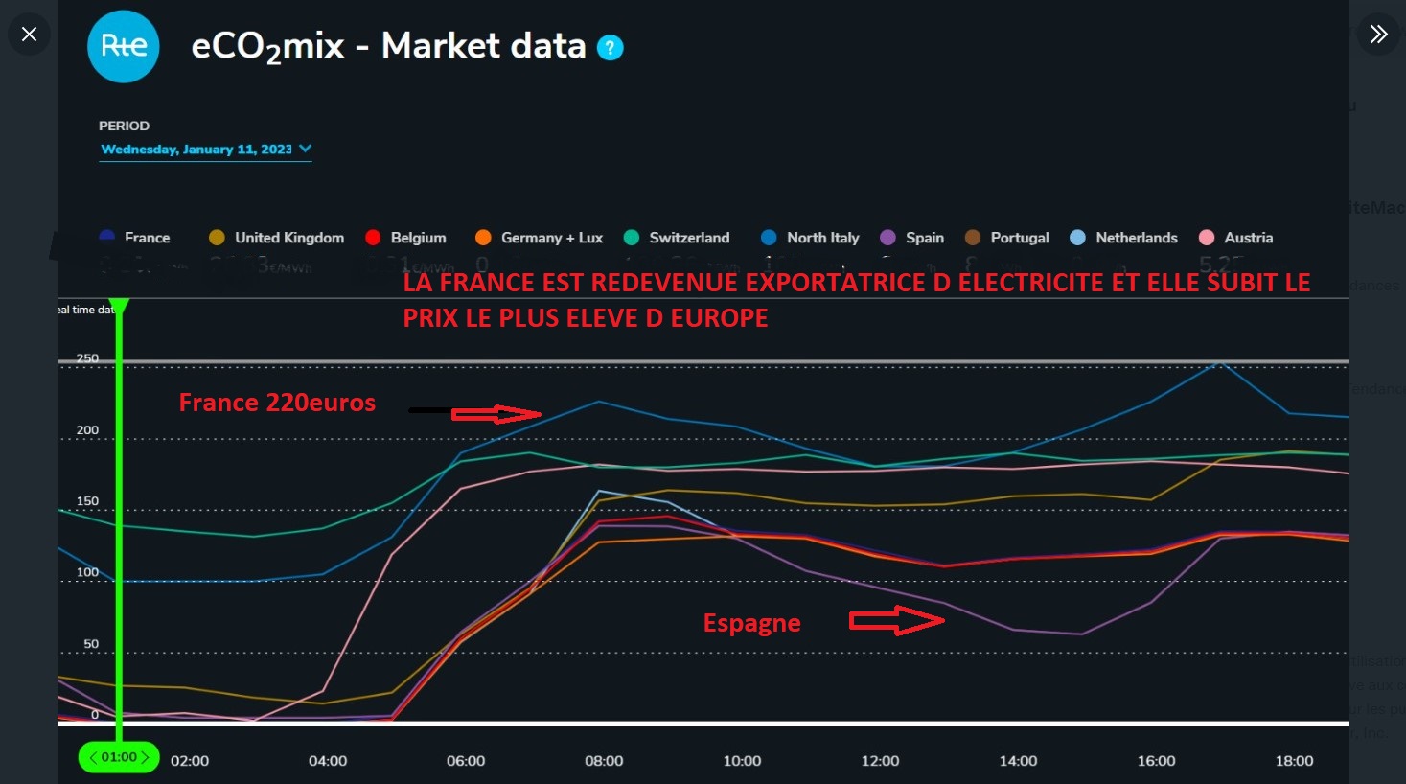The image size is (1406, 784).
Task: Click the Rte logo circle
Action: (124, 46)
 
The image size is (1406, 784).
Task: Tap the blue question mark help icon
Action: (610, 47)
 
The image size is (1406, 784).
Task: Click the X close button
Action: (30, 35)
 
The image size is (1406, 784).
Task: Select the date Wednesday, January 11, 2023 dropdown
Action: (205, 150)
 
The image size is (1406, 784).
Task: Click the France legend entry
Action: (135, 238)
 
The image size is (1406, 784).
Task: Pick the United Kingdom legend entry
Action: (277, 238)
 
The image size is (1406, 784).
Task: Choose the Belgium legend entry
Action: (406, 238)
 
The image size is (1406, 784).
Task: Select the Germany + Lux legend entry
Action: (540, 238)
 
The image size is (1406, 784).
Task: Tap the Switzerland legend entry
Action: (677, 238)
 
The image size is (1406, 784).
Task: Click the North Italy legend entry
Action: (811, 238)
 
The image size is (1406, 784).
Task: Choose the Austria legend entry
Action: (1236, 238)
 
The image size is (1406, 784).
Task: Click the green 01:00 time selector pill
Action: (119, 757)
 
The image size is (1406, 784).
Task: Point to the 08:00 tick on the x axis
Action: (604, 761)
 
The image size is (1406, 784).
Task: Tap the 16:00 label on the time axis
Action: (1156, 761)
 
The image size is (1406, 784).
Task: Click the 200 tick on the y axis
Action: (87, 430)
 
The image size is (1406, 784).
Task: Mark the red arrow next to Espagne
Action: (896, 621)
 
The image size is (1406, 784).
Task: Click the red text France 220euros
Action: (277, 403)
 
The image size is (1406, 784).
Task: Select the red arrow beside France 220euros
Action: (496, 414)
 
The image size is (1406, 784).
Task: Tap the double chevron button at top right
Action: (1378, 35)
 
